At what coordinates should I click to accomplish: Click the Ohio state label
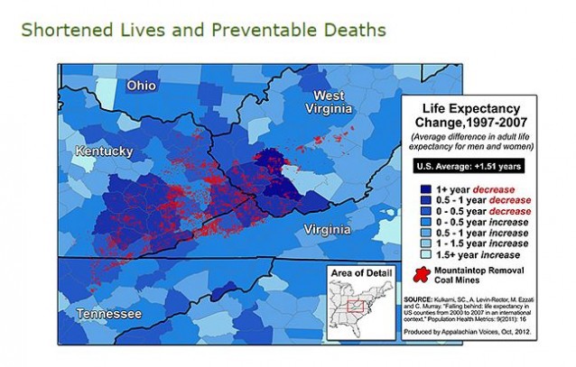tap(141, 86)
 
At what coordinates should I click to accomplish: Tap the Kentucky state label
tap(104, 151)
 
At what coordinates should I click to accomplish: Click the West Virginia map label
tap(335, 105)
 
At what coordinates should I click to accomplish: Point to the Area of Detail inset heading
tap(358, 272)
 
